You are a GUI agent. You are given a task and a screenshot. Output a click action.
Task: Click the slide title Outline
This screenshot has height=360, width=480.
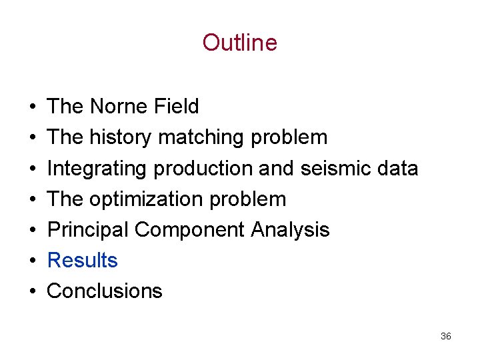click(239, 43)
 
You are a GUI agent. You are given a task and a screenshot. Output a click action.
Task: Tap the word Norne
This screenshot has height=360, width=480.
click(117, 107)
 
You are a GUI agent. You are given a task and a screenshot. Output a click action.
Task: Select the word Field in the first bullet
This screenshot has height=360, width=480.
click(175, 107)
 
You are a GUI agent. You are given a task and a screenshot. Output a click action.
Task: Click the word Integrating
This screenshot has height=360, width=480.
click(97, 168)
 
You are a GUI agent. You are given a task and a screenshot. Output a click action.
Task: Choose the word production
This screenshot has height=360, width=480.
click(203, 168)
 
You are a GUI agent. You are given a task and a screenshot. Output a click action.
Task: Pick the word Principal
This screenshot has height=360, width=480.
click(88, 229)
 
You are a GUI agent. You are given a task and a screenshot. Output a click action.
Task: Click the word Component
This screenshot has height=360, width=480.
click(190, 229)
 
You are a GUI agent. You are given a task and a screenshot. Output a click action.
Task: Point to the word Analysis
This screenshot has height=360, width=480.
click(290, 229)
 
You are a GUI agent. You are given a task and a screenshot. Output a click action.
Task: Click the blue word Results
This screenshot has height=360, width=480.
click(83, 260)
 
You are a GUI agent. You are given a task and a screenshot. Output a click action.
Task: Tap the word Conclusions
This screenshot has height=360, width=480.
click(105, 291)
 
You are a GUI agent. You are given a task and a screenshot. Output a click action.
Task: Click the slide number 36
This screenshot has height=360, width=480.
click(446, 336)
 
